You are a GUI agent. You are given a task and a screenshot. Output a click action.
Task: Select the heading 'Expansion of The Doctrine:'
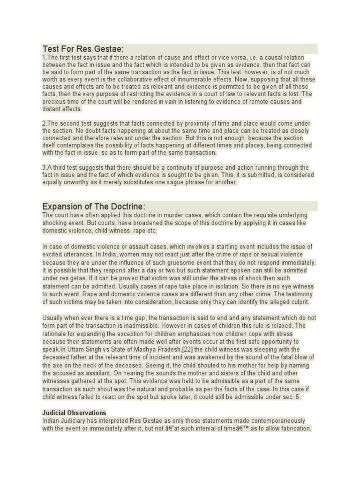[94, 207]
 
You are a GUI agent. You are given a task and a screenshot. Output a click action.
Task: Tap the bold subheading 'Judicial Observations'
[74, 412]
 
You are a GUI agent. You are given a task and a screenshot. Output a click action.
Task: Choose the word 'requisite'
[238, 215]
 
